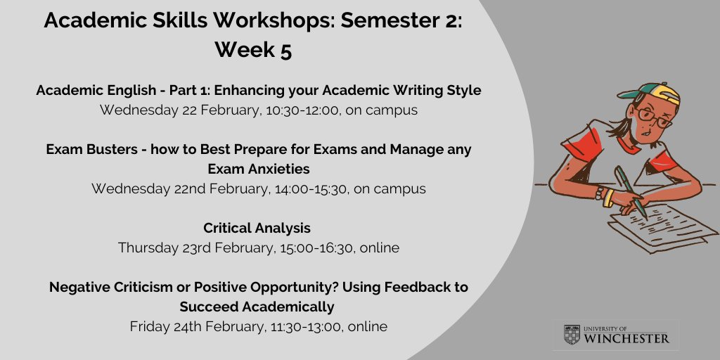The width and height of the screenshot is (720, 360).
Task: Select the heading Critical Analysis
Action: (x=257, y=229)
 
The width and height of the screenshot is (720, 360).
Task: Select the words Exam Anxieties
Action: (x=258, y=169)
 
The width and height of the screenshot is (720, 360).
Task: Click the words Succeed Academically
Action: (x=257, y=307)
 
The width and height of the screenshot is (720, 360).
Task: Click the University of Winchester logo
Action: (x=616, y=335)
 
